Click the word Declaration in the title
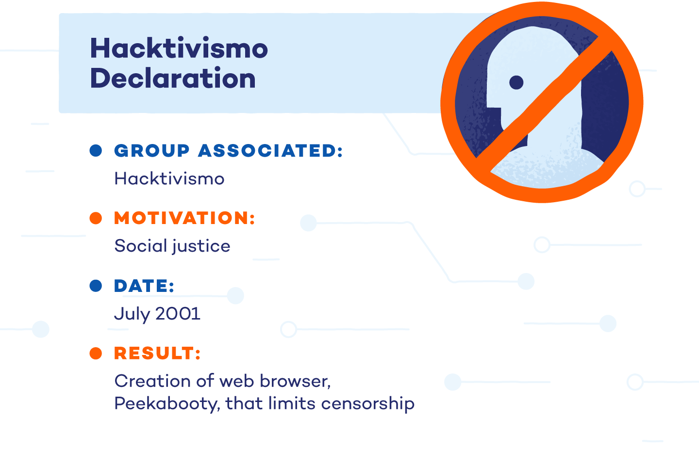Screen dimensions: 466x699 pos(173,79)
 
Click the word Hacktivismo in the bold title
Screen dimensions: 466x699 pos(179,48)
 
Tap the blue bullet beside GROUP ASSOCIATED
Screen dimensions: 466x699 pos(96,151)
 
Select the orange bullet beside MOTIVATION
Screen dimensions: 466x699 pos(96,218)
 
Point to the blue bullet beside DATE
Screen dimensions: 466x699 pos(96,286)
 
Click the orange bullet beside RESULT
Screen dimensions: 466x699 pos(96,353)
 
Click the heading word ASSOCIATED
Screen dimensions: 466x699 pos(270,151)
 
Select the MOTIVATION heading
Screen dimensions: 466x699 pos(184,218)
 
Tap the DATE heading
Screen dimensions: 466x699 pos(144,286)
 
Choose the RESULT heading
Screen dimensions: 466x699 pos(157,354)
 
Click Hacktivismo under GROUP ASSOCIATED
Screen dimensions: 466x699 pos(169,179)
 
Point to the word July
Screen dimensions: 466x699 pos(132,314)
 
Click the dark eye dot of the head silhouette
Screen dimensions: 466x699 pos(516,82)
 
